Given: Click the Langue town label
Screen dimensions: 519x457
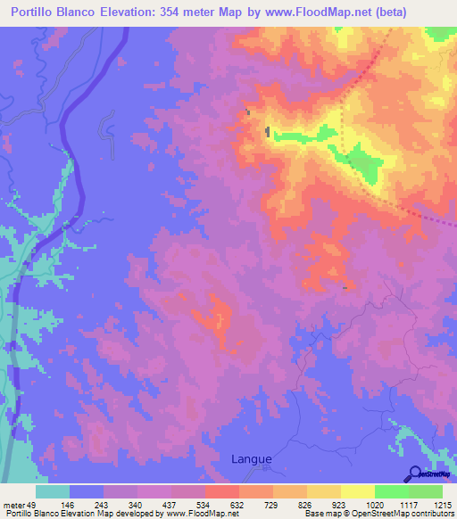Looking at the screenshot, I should click(x=251, y=459).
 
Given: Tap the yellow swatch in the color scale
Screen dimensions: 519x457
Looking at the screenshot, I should click(x=357, y=491).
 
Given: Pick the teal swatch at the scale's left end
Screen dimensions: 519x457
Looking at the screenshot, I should click(x=53, y=491).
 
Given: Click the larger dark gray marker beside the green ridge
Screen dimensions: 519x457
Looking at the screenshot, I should click(x=268, y=132).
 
